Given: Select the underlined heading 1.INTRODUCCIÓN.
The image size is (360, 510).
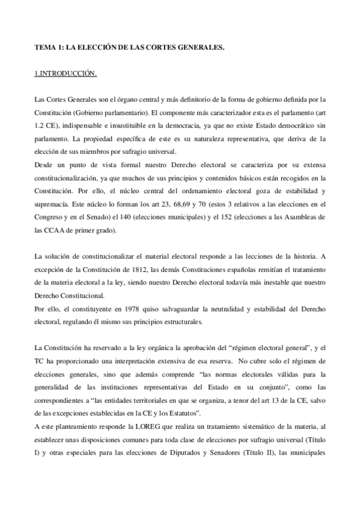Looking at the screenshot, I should (x=65, y=73).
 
